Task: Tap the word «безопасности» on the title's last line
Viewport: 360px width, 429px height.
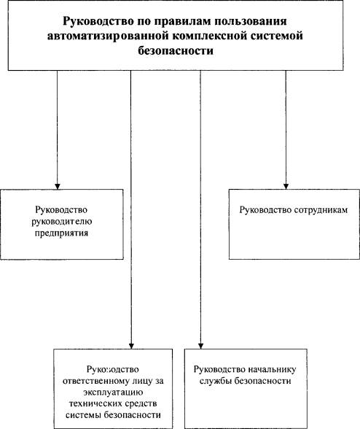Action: point(175,51)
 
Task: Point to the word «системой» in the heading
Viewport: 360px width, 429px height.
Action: point(277,36)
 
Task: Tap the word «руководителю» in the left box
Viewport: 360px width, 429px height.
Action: point(62,222)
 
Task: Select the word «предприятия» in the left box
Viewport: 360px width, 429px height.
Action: point(61,233)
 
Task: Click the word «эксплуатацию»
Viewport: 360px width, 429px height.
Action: point(113,393)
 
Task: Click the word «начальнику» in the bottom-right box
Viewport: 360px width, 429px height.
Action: point(272,370)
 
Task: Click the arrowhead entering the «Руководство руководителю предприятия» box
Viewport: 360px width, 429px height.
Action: point(58,186)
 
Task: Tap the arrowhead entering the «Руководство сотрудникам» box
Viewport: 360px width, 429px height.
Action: point(286,186)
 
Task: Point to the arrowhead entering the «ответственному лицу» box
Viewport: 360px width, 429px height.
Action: point(131,346)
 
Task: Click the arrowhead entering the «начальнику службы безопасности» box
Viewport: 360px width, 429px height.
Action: point(201,346)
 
